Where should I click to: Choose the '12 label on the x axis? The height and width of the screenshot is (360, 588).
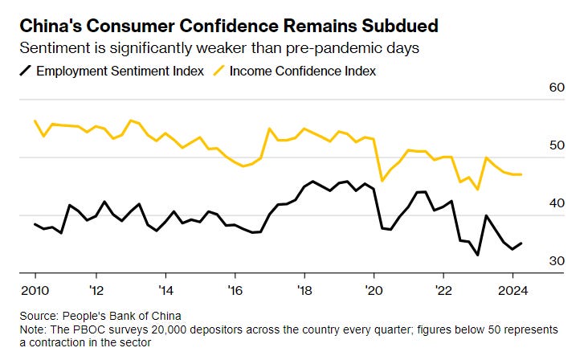click(96, 290)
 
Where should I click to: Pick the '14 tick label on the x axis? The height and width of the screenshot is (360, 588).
click(165, 290)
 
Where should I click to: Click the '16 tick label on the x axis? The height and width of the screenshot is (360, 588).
click(235, 290)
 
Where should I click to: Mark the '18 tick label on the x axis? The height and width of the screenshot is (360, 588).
click(304, 290)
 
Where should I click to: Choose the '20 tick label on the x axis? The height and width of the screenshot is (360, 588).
click(373, 290)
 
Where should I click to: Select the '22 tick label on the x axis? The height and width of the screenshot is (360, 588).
click(443, 290)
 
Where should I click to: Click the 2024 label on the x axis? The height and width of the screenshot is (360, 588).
click(511, 290)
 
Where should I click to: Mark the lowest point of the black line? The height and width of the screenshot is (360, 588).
click(478, 256)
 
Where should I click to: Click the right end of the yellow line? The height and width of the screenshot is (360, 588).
click(522, 174)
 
